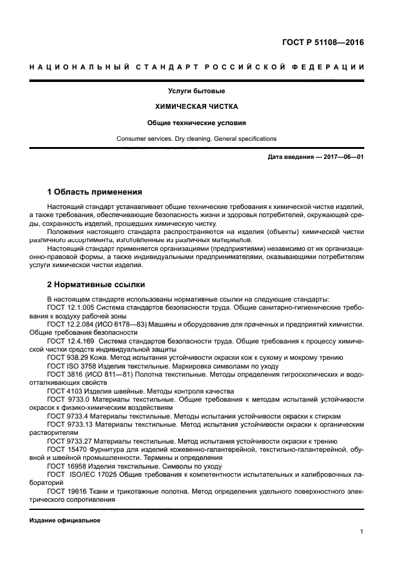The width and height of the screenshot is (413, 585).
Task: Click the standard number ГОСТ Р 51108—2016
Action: pyautogui.click(x=322, y=43)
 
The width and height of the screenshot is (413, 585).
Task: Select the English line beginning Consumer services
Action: pyautogui.click(x=196, y=138)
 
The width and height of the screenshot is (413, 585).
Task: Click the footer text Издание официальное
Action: pyautogui.click(x=64, y=521)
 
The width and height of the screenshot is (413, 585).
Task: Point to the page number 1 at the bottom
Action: pyautogui.click(x=361, y=532)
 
